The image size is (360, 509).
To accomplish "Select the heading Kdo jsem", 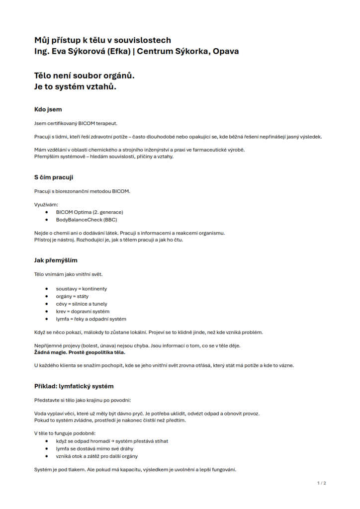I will (48, 109).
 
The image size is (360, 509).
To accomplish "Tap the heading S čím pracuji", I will (54, 177).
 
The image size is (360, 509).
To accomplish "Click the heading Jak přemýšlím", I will (56, 260).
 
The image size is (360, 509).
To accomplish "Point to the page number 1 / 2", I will (321, 483).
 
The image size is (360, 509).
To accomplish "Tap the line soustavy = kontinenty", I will (81, 289).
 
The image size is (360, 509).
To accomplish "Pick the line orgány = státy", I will (72, 296).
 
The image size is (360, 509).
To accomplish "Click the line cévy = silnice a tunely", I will (81, 304).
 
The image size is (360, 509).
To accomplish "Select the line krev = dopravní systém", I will (82, 311).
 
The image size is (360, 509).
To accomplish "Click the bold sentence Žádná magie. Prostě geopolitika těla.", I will (80, 352).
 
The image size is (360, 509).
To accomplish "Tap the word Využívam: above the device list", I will (46, 204).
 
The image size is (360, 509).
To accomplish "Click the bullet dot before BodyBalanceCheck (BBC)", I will (46, 219).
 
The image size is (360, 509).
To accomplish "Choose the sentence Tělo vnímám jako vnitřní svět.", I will (68, 274).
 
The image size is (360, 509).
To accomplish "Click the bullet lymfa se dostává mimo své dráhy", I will (94, 448).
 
